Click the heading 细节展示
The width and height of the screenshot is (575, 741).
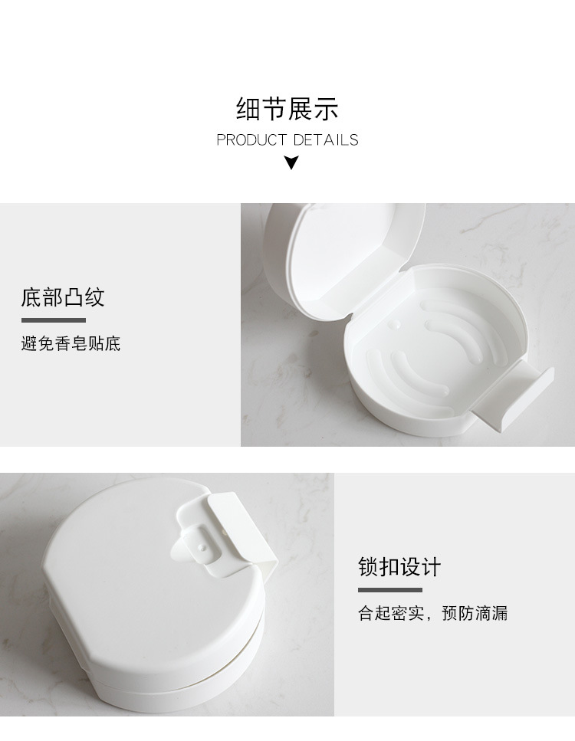(287, 110)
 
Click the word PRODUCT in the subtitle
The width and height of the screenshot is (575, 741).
(251, 140)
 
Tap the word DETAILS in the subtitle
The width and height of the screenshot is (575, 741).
(326, 140)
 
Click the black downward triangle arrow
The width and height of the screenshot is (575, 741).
(291, 162)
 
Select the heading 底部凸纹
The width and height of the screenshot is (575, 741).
(63, 297)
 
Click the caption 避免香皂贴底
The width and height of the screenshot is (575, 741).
(71, 343)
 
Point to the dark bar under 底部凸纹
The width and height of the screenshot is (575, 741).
(53, 320)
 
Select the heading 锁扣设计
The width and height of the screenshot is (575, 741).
(399, 568)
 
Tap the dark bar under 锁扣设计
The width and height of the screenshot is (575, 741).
(389, 590)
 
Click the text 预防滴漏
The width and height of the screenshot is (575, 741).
(475, 614)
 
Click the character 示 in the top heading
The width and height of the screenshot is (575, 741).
(327, 110)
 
